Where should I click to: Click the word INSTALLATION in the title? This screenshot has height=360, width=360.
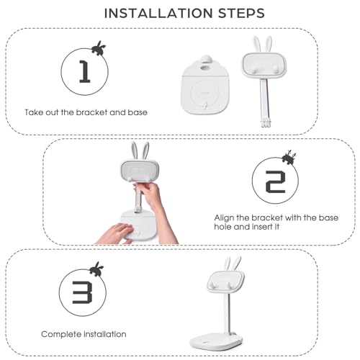[158, 13]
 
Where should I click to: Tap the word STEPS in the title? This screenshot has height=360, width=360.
[241, 13]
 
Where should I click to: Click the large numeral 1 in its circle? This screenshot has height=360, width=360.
[84, 71]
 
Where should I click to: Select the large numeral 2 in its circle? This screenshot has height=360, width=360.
[276, 181]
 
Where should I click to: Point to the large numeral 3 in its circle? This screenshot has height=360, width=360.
[82, 292]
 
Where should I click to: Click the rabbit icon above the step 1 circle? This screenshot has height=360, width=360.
[99, 48]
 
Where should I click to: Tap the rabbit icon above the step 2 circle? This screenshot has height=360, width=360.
[289, 157]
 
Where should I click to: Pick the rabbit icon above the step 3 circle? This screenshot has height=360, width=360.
[96, 269]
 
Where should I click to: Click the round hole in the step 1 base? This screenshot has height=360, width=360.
[205, 68]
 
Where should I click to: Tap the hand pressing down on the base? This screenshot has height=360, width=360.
[115, 233]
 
